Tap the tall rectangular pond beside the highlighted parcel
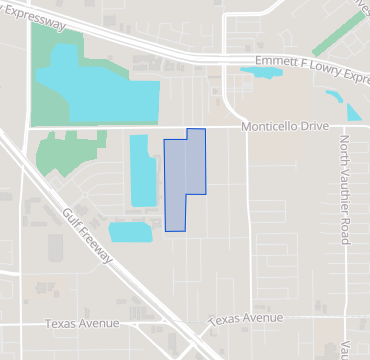coord(143,170)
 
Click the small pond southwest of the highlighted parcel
coord(130,232)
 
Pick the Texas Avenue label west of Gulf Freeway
coord(83,323)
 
